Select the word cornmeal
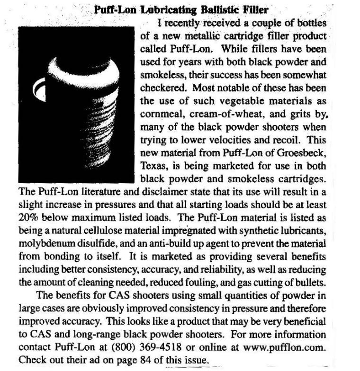pos(161,115)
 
